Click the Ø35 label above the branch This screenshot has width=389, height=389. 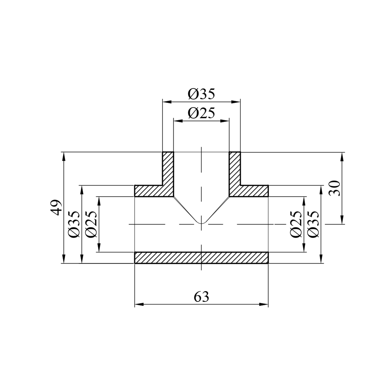[x=202, y=94]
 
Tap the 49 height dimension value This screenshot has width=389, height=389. [x=56, y=207]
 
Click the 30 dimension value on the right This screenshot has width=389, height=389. [x=335, y=188]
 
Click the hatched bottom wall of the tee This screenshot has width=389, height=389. [x=201, y=258]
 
